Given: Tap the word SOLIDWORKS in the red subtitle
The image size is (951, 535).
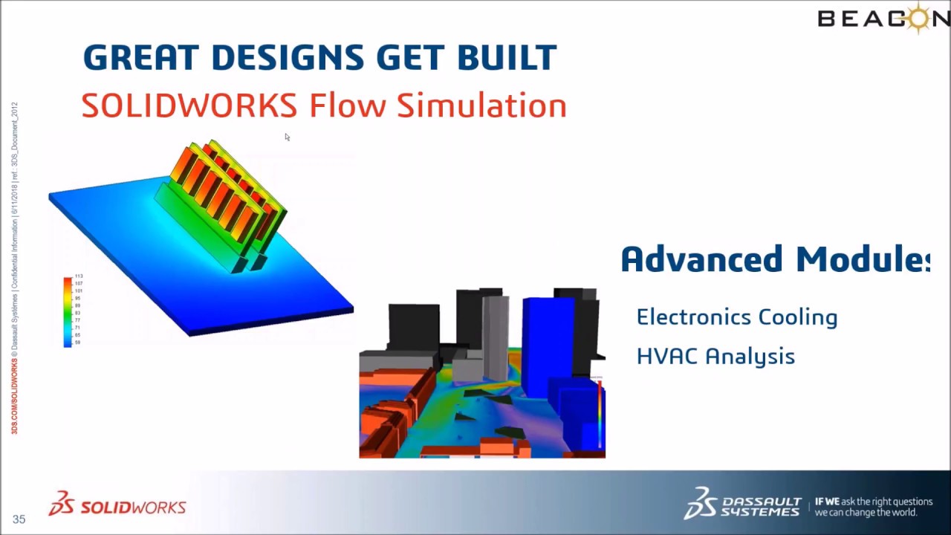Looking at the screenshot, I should tap(189, 106).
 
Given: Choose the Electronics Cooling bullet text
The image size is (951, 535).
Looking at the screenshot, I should tap(736, 317).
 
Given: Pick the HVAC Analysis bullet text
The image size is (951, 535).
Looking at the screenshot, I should tap(715, 357).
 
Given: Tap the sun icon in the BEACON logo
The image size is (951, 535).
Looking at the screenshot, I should tap(921, 16).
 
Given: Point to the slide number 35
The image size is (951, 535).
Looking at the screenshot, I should tap(19, 519).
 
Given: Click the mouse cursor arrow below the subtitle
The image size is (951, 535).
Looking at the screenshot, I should tap(287, 137).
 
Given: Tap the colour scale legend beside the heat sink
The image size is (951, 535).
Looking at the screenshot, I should tap(68, 311).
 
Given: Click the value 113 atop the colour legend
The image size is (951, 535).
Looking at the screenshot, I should tap(79, 276).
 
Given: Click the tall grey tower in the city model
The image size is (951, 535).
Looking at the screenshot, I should tap(496, 334).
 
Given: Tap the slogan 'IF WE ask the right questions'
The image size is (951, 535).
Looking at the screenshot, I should tap(873, 502).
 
